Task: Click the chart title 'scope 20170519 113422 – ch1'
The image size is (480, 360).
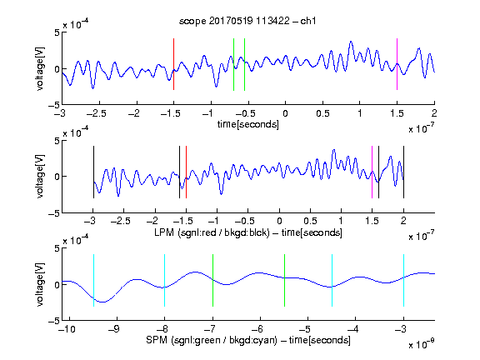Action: click(247, 21)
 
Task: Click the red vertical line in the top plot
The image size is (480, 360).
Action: click(173, 64)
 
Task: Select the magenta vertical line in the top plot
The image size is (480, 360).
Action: click(397, 64)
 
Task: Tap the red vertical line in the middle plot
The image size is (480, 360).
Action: click(186, 172)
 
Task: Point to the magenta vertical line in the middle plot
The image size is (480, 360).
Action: click(372, 172)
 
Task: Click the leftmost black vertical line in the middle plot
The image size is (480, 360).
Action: click(93, 172)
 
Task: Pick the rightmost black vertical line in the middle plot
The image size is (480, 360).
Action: click(403, 172)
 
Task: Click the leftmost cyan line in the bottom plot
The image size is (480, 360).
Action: click(93, 280)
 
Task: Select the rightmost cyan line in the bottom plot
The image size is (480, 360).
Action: click(403, 280)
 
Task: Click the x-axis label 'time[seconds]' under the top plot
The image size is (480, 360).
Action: click(248, 124)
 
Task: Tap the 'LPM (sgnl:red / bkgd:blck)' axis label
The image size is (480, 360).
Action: click(212, 232)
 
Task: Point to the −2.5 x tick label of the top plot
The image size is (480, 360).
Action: click(96, 113)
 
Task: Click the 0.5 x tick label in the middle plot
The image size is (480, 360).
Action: click(310, 221)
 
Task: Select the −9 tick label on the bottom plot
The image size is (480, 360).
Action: click(114, 329)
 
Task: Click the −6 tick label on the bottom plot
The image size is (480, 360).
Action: click(257, 329)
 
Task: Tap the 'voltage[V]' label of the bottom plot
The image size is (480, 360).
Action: click(40, 284)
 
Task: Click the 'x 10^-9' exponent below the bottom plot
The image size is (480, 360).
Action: click(422, 344)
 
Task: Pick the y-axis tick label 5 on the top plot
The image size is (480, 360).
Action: click(57, 32)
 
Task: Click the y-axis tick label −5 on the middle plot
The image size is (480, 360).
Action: click(53, 213)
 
